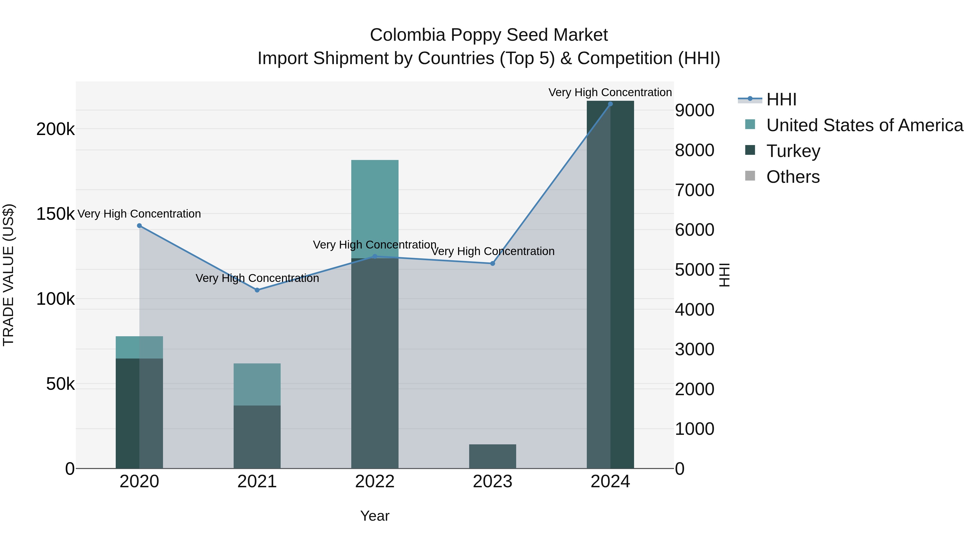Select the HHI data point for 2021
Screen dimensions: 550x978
(257, 290)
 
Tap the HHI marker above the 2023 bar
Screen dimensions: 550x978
(493, 263)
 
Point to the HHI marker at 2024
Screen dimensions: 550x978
(610, 104)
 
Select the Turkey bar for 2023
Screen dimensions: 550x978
(493, 456)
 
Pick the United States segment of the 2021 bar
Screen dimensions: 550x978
(257, 384)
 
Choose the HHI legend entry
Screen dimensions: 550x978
(781, 99)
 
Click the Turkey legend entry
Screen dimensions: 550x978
(793, 151)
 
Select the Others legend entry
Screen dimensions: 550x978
(793, 177)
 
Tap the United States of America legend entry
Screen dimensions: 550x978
(864, 125)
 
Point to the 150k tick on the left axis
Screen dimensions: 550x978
(55, 214)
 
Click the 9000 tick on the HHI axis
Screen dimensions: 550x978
(694, 111)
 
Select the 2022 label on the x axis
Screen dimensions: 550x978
(375, 482)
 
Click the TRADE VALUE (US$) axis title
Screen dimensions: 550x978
(8, 275)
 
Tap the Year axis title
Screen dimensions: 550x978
(375, 516)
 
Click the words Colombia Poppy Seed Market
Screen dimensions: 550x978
(489, 35)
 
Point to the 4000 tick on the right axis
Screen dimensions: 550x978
(694, 309)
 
